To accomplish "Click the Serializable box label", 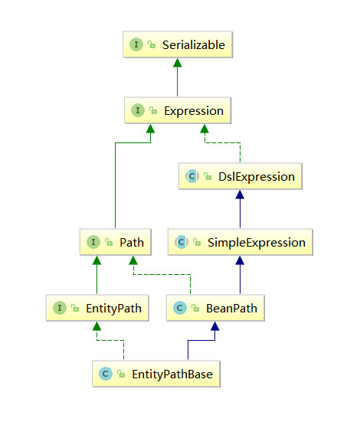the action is [x=194, y=44].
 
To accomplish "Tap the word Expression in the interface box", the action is [x=194, y=111].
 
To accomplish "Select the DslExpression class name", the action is [x=257, y=177].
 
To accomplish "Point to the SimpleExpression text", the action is [x=257, y=242].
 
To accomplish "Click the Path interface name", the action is [x=132, y=242].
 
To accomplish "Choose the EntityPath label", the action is [x=114, y=308].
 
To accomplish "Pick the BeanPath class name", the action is [x=231, y=308].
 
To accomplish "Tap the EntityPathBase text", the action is [x=172, y=374].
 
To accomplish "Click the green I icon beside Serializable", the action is [x=136, y=44].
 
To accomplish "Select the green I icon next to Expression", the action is [x=138, y=110].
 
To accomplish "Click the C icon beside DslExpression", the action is [x=192, y=176].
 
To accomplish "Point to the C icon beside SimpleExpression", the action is [x=182, y=242].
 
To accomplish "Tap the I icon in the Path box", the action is [x=93, y=242].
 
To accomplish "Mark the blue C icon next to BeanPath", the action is [x=180, y=308].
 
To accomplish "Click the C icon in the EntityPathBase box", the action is [x=106, y=374].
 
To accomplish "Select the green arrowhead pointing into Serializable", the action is [x=177, y=63].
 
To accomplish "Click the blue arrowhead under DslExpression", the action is [x=240, y=195].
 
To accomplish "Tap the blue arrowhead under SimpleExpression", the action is [x=240, y=260].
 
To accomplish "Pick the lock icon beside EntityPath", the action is [x=75, y=308].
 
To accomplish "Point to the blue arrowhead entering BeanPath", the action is [x=215, y=326].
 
